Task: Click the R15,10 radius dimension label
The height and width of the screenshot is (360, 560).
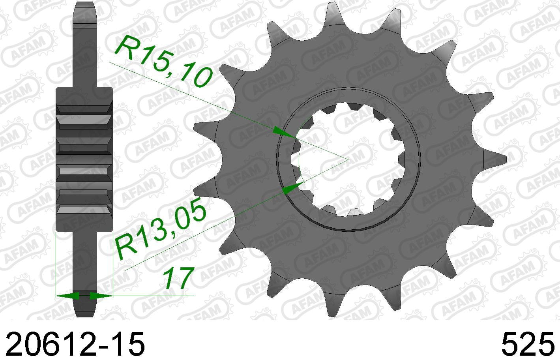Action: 164,61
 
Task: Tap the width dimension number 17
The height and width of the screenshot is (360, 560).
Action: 178,278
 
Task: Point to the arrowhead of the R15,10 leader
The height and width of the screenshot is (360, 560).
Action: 284,132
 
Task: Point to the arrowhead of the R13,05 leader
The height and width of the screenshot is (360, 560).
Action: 294,188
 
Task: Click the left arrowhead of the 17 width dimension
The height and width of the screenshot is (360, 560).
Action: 67,296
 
